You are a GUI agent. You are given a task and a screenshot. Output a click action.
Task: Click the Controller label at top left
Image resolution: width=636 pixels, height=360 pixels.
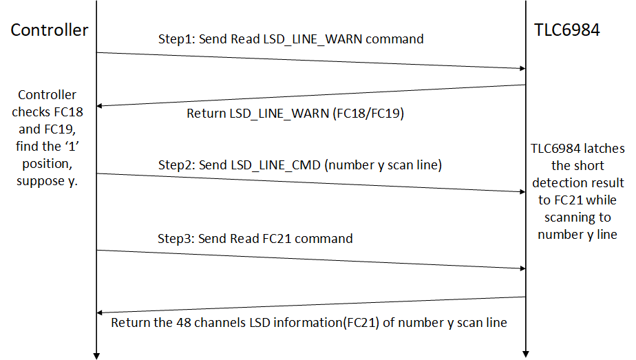pyautogui.click(x=50, y=30)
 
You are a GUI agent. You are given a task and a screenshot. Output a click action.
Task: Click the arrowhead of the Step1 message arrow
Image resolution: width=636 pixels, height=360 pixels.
pyautogui.click(x=522, y=68)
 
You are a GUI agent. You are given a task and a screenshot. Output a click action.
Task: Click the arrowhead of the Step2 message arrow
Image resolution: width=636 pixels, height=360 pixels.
pyautogui.click(x=522, y=193)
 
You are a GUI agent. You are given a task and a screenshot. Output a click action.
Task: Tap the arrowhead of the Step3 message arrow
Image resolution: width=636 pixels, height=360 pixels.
pyautogui.click(x=522, y=268)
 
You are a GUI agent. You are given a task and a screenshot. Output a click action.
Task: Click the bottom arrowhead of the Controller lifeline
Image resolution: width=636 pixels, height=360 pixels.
pyautogui.click(x=97, y=355)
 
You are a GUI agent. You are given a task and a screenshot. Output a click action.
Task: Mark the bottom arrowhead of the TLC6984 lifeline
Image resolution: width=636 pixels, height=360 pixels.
pyautogui.click(x=526, y=355)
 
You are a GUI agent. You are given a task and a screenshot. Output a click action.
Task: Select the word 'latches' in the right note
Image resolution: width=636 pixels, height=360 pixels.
pyautogui.click(x=606, y=149)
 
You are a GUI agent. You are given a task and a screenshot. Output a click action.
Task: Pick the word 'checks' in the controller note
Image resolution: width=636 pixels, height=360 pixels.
pyautogui.click(x=31, y=112)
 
